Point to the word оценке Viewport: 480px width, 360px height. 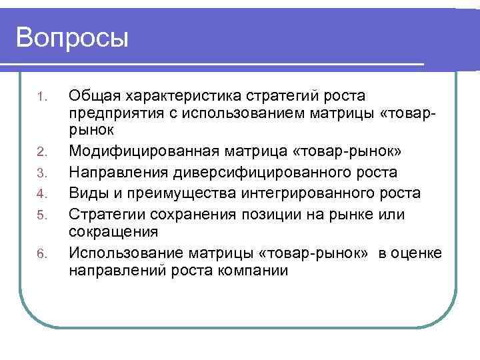417,251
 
